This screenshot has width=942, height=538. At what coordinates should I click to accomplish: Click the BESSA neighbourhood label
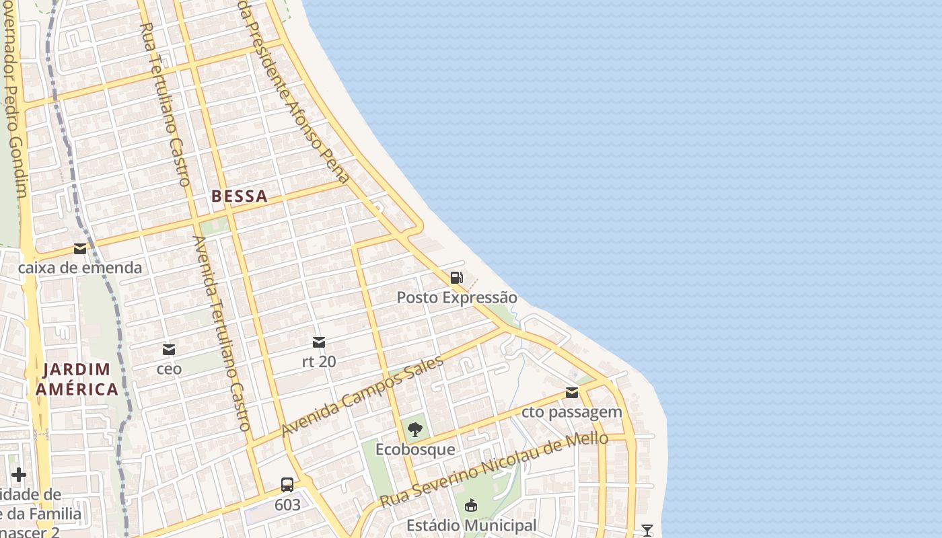[x=239, y=196]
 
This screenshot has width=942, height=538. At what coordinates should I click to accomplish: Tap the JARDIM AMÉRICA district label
[x=77, y=379]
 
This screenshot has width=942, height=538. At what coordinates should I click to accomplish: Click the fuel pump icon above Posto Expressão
[x=456, y=277]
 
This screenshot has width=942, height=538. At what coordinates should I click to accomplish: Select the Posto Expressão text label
[x=457, y=297]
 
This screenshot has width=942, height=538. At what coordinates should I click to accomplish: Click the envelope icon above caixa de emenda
[x=80, y=249]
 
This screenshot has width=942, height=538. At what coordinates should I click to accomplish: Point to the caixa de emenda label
[x=80, y=268]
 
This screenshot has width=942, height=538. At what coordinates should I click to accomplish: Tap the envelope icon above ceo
[x=169, y=350]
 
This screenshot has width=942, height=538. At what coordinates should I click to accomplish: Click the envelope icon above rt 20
[x=319, y=342]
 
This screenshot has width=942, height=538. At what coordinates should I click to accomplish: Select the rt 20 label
[x=319, y=361]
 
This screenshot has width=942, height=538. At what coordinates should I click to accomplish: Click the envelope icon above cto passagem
[x=572, y=393]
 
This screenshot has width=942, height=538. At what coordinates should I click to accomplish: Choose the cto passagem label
[x=572, y=412]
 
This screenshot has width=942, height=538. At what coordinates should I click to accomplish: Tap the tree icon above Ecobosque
[x=415, y=430]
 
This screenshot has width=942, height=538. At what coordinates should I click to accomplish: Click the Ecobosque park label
[x=415, y=449]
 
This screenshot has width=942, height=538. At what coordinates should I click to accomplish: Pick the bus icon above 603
[x=287, y=484]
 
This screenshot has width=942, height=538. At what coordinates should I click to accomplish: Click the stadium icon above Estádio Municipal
[x=471, y=505]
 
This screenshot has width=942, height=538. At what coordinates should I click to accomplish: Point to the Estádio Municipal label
[x=471, y=525]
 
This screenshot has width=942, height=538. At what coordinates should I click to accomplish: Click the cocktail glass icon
[x=647, y=531]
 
